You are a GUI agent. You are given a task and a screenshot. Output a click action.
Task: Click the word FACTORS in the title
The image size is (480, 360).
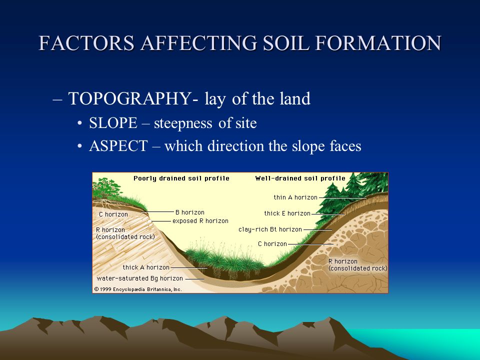[x=86, y=43]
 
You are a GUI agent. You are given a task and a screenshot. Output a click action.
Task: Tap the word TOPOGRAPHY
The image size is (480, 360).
[x=129, y=98]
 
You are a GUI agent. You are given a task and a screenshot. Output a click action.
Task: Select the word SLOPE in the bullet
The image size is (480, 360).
[x=113, y=123]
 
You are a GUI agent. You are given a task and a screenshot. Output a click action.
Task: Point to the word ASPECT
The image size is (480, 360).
[x=118, y=145]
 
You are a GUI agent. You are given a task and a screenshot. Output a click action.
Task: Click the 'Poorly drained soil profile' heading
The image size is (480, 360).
[x=181, y=178]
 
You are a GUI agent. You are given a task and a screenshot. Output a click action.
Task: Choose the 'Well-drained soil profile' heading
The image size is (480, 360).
[x=300, y=178]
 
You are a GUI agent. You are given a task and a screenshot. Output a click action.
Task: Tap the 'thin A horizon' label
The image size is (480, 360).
[x=295, y=197]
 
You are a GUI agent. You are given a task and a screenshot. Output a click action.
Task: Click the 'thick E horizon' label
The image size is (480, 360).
[x=287, y=213]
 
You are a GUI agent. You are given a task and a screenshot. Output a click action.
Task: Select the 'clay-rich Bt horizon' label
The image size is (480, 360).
[x=270, y=229]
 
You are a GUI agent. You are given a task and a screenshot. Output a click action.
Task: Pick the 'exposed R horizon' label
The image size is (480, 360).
[x=200, y=220]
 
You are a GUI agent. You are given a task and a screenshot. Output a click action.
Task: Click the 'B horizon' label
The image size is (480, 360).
[x=190, y=212]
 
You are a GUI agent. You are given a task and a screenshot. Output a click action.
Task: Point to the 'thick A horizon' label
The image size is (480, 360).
[x=146, y=267]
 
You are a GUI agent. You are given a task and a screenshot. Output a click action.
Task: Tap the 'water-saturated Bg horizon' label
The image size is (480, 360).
[x=139, y=278]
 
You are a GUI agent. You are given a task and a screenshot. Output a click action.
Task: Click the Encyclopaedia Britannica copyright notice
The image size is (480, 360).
[x=138, y=289]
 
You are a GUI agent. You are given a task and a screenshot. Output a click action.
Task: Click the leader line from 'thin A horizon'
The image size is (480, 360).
[x=342, y=198]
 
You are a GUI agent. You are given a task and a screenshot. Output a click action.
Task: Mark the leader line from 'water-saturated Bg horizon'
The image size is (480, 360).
[x=194, y=279]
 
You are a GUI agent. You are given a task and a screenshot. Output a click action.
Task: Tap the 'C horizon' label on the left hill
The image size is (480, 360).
[x=113, y=214]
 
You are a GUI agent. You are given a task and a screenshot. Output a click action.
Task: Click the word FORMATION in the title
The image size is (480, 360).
[x=378, y=43]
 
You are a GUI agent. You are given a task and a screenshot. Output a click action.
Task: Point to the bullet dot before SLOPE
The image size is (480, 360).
[x=80, y=123]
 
